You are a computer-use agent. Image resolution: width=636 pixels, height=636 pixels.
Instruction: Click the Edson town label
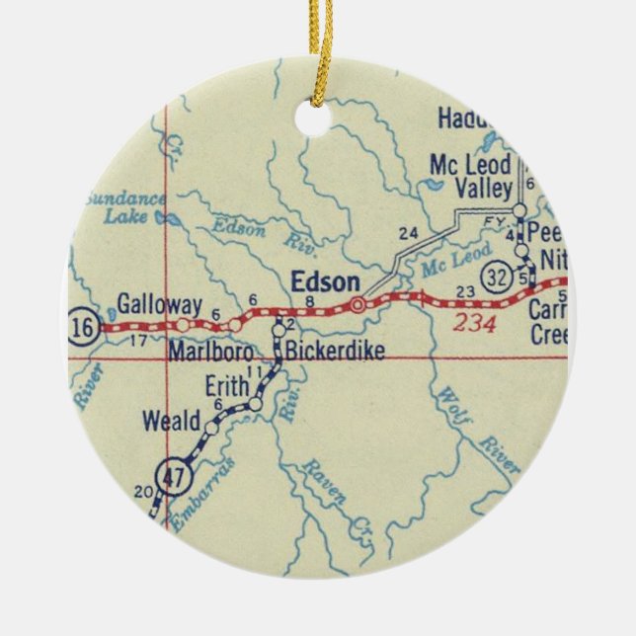coord(326,282)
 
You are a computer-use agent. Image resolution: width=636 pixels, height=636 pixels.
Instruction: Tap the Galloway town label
coord(159,303)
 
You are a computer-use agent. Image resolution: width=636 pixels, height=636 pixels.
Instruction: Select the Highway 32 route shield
coord(491,275)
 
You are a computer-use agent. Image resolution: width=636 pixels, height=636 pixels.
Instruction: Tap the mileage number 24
coord(409,234)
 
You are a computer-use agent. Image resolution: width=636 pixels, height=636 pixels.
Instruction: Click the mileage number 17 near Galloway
coord(138,341)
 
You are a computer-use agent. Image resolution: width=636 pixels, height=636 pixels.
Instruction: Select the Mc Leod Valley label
coord(470,177)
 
